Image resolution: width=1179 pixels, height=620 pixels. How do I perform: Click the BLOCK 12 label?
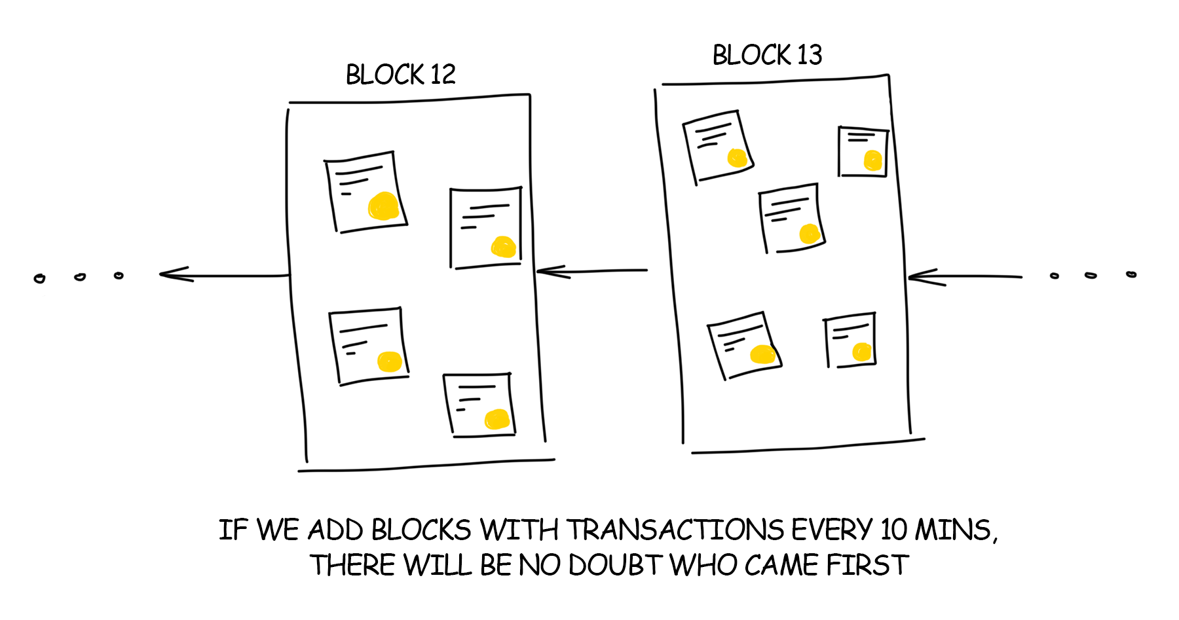(x=400, y=75)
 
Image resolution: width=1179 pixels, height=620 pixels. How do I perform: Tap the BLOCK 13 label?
(x=767, y=55)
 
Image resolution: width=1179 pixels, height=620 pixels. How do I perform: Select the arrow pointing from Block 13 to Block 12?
(x=591, y=271)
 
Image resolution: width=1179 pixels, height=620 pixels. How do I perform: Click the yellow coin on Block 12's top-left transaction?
(x=383, y=206)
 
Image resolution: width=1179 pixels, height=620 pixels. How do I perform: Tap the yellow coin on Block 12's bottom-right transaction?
(x=497, y=419)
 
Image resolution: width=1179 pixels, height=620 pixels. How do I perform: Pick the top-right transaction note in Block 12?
(x=485, y=227)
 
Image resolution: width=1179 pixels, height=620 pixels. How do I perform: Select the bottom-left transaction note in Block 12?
(x=369, y=345)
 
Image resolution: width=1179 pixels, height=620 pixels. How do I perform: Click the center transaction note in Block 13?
(x=791, y=218)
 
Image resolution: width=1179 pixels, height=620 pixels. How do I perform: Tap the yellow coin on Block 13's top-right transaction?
(x=872, y=160)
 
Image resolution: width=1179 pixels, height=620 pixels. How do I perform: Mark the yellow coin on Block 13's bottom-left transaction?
(x=762, y=354)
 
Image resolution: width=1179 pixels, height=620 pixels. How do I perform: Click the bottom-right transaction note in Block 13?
(x=850, y=340)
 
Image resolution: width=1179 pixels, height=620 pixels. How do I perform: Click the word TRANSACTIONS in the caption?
(x=675, y=530)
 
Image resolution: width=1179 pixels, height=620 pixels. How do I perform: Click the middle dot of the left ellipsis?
(x=80, y=277)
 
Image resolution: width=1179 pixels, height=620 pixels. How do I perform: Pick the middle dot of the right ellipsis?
(x=1091, y=276)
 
